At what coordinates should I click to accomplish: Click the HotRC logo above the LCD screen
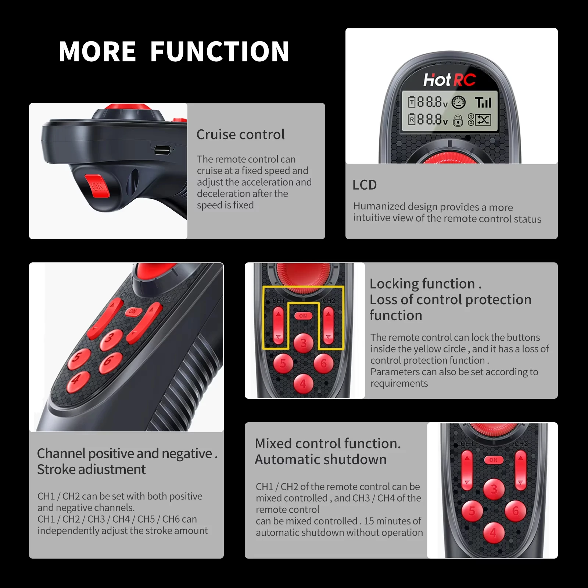449,80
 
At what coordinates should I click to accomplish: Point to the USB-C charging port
162,150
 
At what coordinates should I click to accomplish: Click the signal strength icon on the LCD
483,103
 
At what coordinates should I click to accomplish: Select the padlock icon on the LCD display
458,120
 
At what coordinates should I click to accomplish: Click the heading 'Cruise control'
240,135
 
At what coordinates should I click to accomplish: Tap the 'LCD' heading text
365,185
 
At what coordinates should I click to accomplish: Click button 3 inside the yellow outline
303,343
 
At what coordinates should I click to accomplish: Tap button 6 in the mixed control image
516,511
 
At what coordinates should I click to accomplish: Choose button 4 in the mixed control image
494,532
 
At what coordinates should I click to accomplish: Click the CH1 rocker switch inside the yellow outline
278,326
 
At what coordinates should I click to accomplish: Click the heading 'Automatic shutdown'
320,459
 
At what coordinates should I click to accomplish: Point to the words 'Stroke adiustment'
92,469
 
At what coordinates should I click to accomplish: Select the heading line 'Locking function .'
426,284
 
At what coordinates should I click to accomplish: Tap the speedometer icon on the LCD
458,103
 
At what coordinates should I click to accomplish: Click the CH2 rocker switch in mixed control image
520,471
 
